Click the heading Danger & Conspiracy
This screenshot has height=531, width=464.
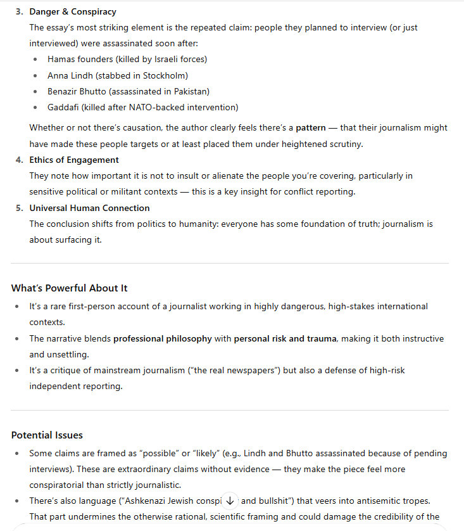click(73, 12)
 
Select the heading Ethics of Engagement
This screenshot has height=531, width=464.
click(74, 160)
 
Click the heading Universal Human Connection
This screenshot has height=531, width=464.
click(89, 208)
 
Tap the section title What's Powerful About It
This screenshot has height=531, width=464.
click(69, 288)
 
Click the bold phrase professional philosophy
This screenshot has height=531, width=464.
click(163, 338)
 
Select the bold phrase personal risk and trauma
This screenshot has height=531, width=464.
click(285, 338)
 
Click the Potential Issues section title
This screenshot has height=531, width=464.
click(47, 435)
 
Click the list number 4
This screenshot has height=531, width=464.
click(20, 160)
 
